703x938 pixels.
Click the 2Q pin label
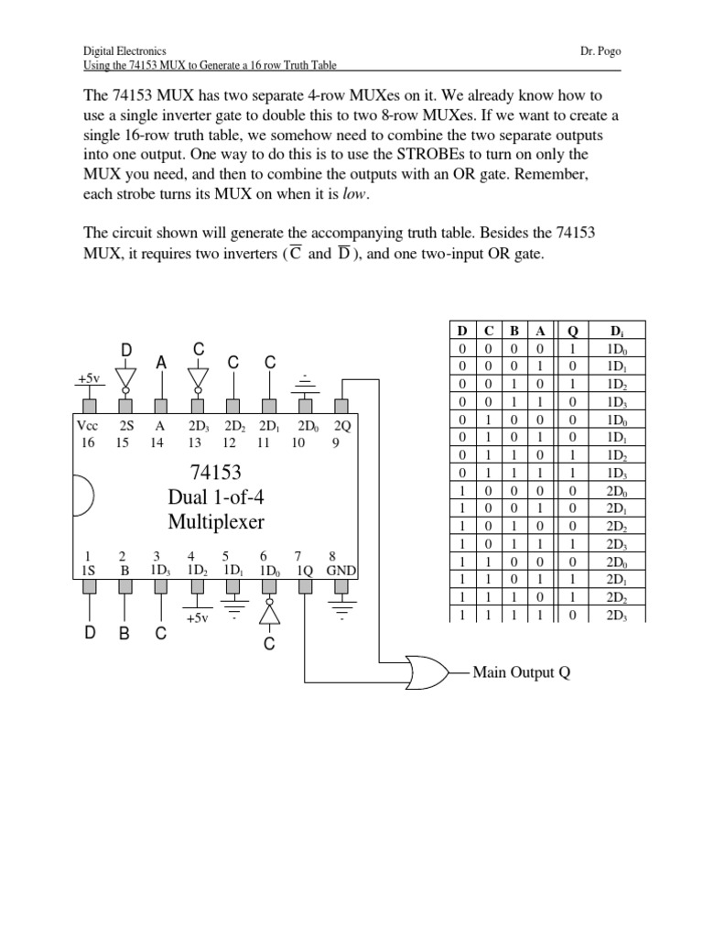pyautogui.click(x=341, y=426)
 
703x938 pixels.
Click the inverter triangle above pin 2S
pyautogui.click(x=126, y=377)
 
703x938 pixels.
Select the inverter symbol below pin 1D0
pyautogui.click(x=269, y=613)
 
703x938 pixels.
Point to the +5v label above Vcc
pyautogui.click(x=90, y=378)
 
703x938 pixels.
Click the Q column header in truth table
pyautogui.click(x=573, y=330)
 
